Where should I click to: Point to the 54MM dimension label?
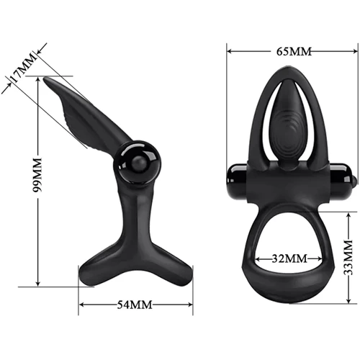(135, 305)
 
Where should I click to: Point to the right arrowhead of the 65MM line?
(354, 52)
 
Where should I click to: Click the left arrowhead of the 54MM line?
(81, 305)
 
